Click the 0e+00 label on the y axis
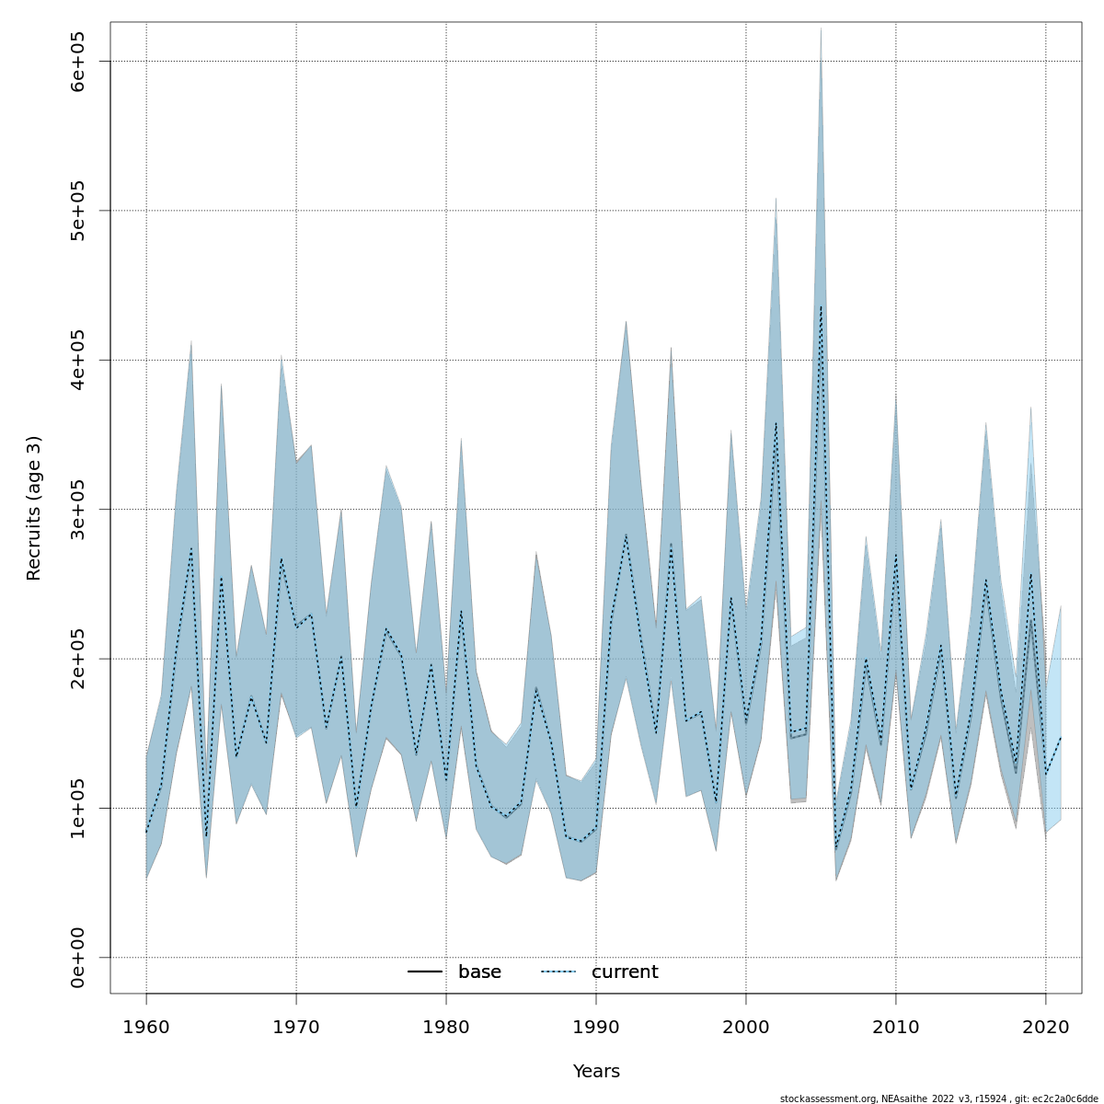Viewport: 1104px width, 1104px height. click(77, 958)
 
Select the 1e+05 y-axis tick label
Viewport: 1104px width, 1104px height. click(77, 808)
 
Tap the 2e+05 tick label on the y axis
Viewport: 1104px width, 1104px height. click(77, 659)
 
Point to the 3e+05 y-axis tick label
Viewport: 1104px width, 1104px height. click(77, 509)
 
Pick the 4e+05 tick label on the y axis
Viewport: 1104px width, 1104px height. click(77, 360)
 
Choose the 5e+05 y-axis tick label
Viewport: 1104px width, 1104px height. click(77, 211)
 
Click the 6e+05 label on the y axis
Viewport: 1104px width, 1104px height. click(77, 61)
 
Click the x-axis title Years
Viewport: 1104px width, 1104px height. click(596, 1072)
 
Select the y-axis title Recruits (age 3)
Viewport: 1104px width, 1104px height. click(34, 508)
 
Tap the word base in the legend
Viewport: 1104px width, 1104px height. click(479, 972)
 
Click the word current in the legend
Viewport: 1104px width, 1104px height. click(625, 972)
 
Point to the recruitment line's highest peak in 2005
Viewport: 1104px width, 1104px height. click(821, 306)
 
